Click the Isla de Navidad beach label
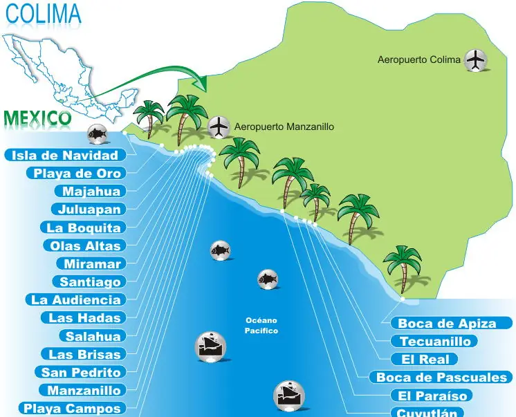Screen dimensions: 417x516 (x=65, y=155)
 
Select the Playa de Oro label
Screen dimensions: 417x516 (x=77, y=174)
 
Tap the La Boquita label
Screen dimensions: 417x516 (x=84, y=228)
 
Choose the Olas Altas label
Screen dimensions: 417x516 (x=85, y=245)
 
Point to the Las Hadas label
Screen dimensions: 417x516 (x=85, y=318)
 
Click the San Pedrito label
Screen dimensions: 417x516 (x=81, y=372)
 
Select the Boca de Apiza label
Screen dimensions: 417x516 (x=447, y=323)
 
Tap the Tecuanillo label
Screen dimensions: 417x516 (x=435, y=341)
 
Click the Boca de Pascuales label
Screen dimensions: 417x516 (x=442, y=378)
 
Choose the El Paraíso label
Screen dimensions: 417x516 (x=432, y=396)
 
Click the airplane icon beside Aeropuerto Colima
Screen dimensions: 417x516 (x=476, y=60)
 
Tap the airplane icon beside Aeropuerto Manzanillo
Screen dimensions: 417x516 (x=219, y=127)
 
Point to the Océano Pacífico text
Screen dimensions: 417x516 (x=261, y=326)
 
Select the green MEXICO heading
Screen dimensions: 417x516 (x=37, y=118)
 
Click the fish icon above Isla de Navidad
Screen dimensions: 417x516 (x=97, y=134)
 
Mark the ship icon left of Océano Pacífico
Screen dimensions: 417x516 (x=210, y=346)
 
